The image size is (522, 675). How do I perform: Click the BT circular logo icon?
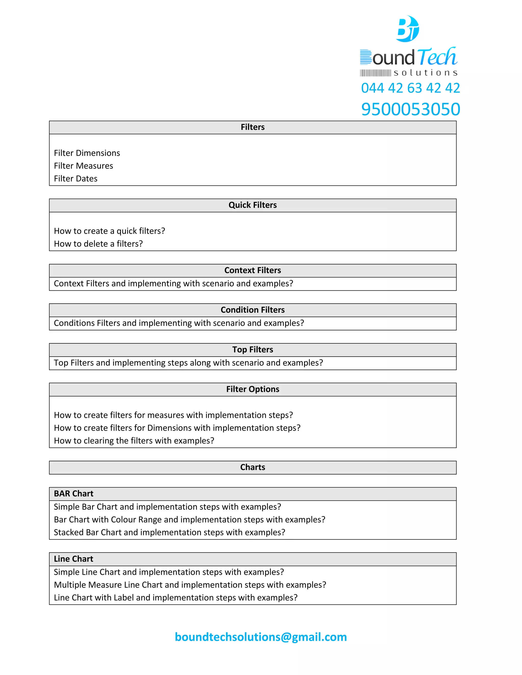[x=408, y=29]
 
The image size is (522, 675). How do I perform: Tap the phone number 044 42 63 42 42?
[x=410, y=88]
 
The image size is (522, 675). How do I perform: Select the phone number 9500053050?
[x=410, y=109]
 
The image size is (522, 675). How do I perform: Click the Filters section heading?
[x=252, y=127]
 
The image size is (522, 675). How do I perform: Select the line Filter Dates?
[x=75, y=179]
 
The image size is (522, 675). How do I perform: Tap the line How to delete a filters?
[x=98, y=244]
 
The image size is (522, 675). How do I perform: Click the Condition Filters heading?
[x=252, y=310]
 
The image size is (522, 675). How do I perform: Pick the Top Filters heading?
[x=252, y=349]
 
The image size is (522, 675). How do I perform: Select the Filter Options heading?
[x=252, y=389]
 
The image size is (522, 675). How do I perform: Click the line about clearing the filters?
[x=134, y=441]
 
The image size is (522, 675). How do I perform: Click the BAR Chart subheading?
[x=74, y=494]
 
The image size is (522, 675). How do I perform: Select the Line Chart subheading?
[x=74, y=559]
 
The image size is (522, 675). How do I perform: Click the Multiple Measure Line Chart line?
[x=190, y=585]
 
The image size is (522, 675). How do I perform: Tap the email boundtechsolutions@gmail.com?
[x=261, y=637]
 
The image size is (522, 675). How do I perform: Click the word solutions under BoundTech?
[x=425, y=73]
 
